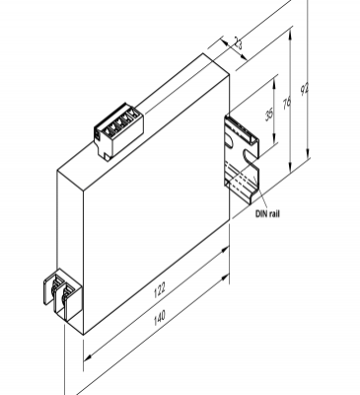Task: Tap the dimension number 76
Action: pyautogui.click(x=286, y=105)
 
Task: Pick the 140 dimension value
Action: pyautogui.click(x=158, y=320)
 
